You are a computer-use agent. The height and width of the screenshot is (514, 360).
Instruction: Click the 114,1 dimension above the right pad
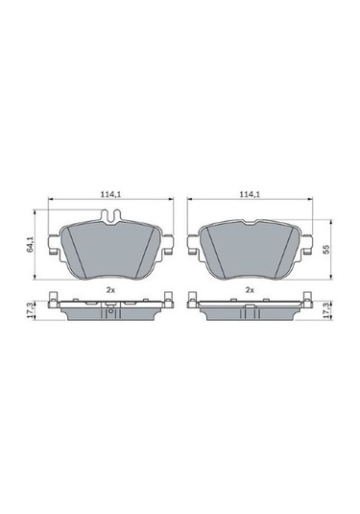(251, 195)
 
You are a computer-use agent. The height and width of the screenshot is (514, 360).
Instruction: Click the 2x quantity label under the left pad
(111, 288)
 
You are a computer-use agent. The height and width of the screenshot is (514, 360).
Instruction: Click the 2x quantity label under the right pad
(251, 288)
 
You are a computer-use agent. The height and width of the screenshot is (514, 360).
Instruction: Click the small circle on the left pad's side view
(111, 309)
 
